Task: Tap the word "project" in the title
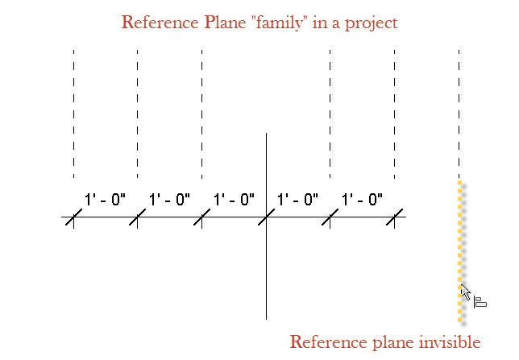coord(367,23)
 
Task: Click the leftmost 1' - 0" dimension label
coord(105,199)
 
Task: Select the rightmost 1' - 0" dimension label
coord(362,199)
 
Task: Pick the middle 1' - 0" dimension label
coord(234,199)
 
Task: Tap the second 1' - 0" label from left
coord(169,199)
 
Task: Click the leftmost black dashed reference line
coord(73,113)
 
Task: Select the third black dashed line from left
coord(201,113)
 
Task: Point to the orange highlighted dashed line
coord(459,242)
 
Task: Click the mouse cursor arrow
coord(465,292)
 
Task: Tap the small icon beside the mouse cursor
coord(480,302)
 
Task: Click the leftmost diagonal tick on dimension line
coord(73,217)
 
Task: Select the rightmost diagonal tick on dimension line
coord(394,217)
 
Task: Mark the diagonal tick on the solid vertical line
coord(266,217)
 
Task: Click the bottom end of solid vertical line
coord(266,317)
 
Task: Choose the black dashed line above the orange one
coord(459,113)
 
